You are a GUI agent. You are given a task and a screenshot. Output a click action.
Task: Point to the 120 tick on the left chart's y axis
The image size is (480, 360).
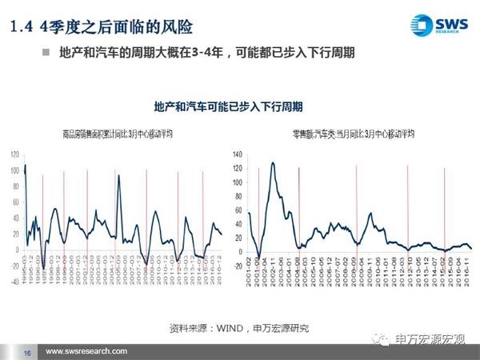pyautogui.click(x=14, y=154)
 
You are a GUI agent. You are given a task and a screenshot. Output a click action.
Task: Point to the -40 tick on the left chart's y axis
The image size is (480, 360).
pyautogui.click(x=14, y=282)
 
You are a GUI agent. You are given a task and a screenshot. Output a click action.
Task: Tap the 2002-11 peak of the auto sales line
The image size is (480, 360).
pyautogui.click(x=273, y=163)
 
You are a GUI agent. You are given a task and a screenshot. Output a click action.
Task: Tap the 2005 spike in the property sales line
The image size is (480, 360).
pyautogui.click(x=119, y=176)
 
